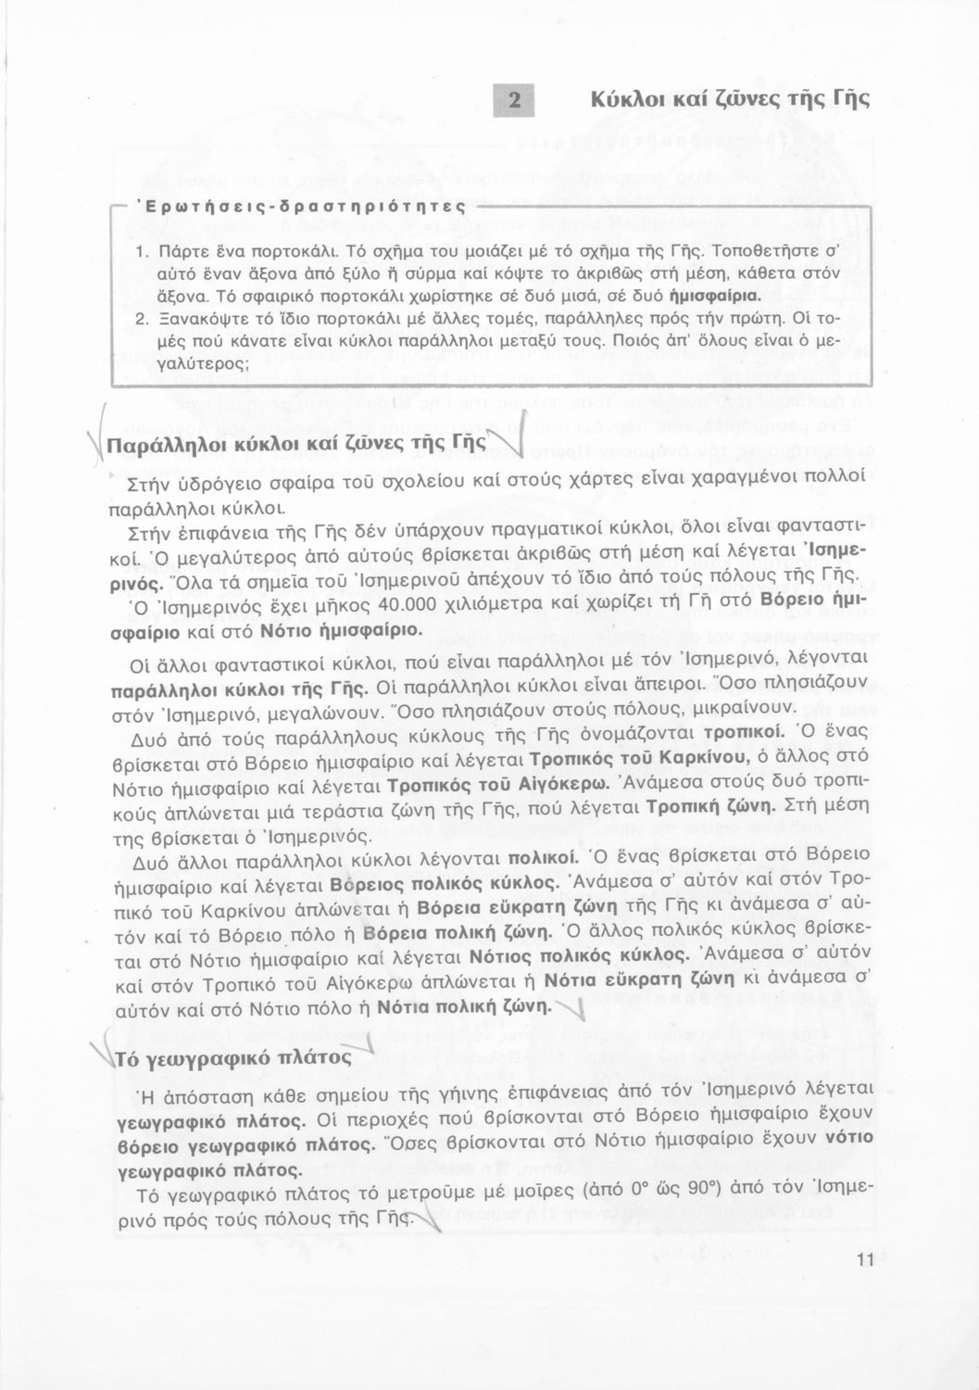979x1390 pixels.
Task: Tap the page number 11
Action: [x=866, y=1259]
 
